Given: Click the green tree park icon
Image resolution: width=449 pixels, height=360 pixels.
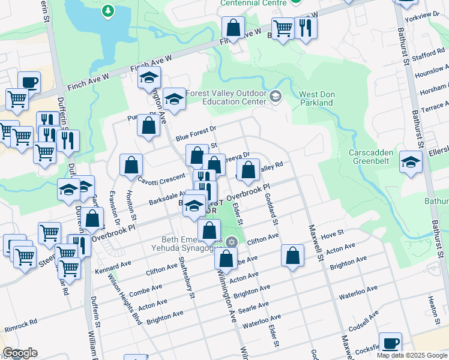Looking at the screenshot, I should (x=107, y=10).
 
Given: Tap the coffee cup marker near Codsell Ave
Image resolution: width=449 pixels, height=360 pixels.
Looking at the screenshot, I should (x=390, y=343).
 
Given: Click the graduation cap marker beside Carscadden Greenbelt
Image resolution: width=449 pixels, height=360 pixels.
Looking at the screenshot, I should (x=411, y=163).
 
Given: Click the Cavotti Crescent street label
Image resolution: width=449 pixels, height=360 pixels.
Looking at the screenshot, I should (x=160, y=179).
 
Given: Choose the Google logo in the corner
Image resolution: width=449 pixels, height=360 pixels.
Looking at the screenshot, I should (x=20, y=353).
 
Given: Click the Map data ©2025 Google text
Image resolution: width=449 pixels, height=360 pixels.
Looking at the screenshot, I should (x=411, y=355).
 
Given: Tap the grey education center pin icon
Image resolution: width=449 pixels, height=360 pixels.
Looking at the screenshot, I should (x=275, y=96).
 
